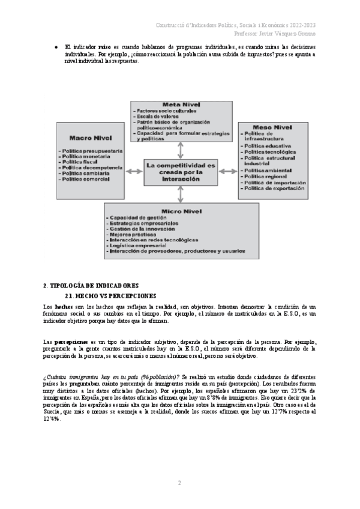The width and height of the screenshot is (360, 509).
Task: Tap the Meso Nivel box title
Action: pos(265,126)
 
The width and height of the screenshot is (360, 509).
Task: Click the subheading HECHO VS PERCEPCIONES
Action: pos(110,295)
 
